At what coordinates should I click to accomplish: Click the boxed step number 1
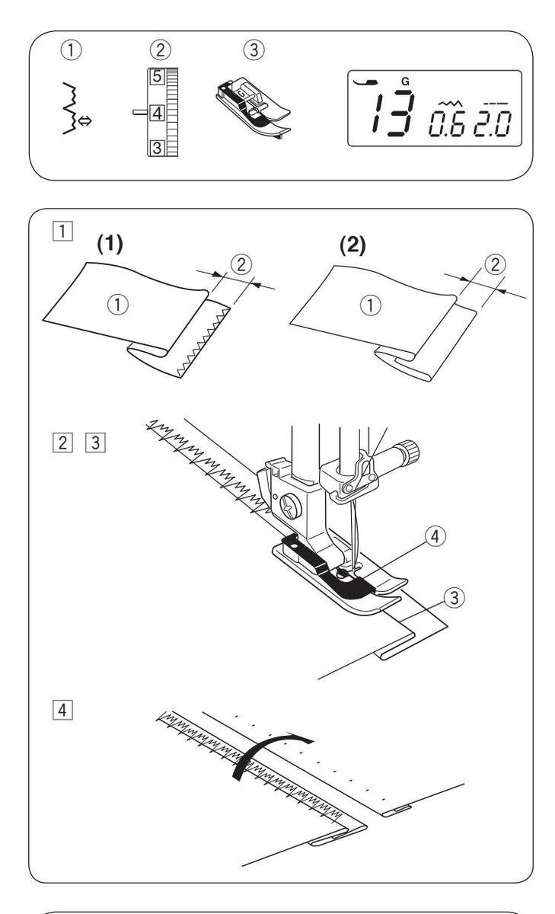(x=47, y=230)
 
